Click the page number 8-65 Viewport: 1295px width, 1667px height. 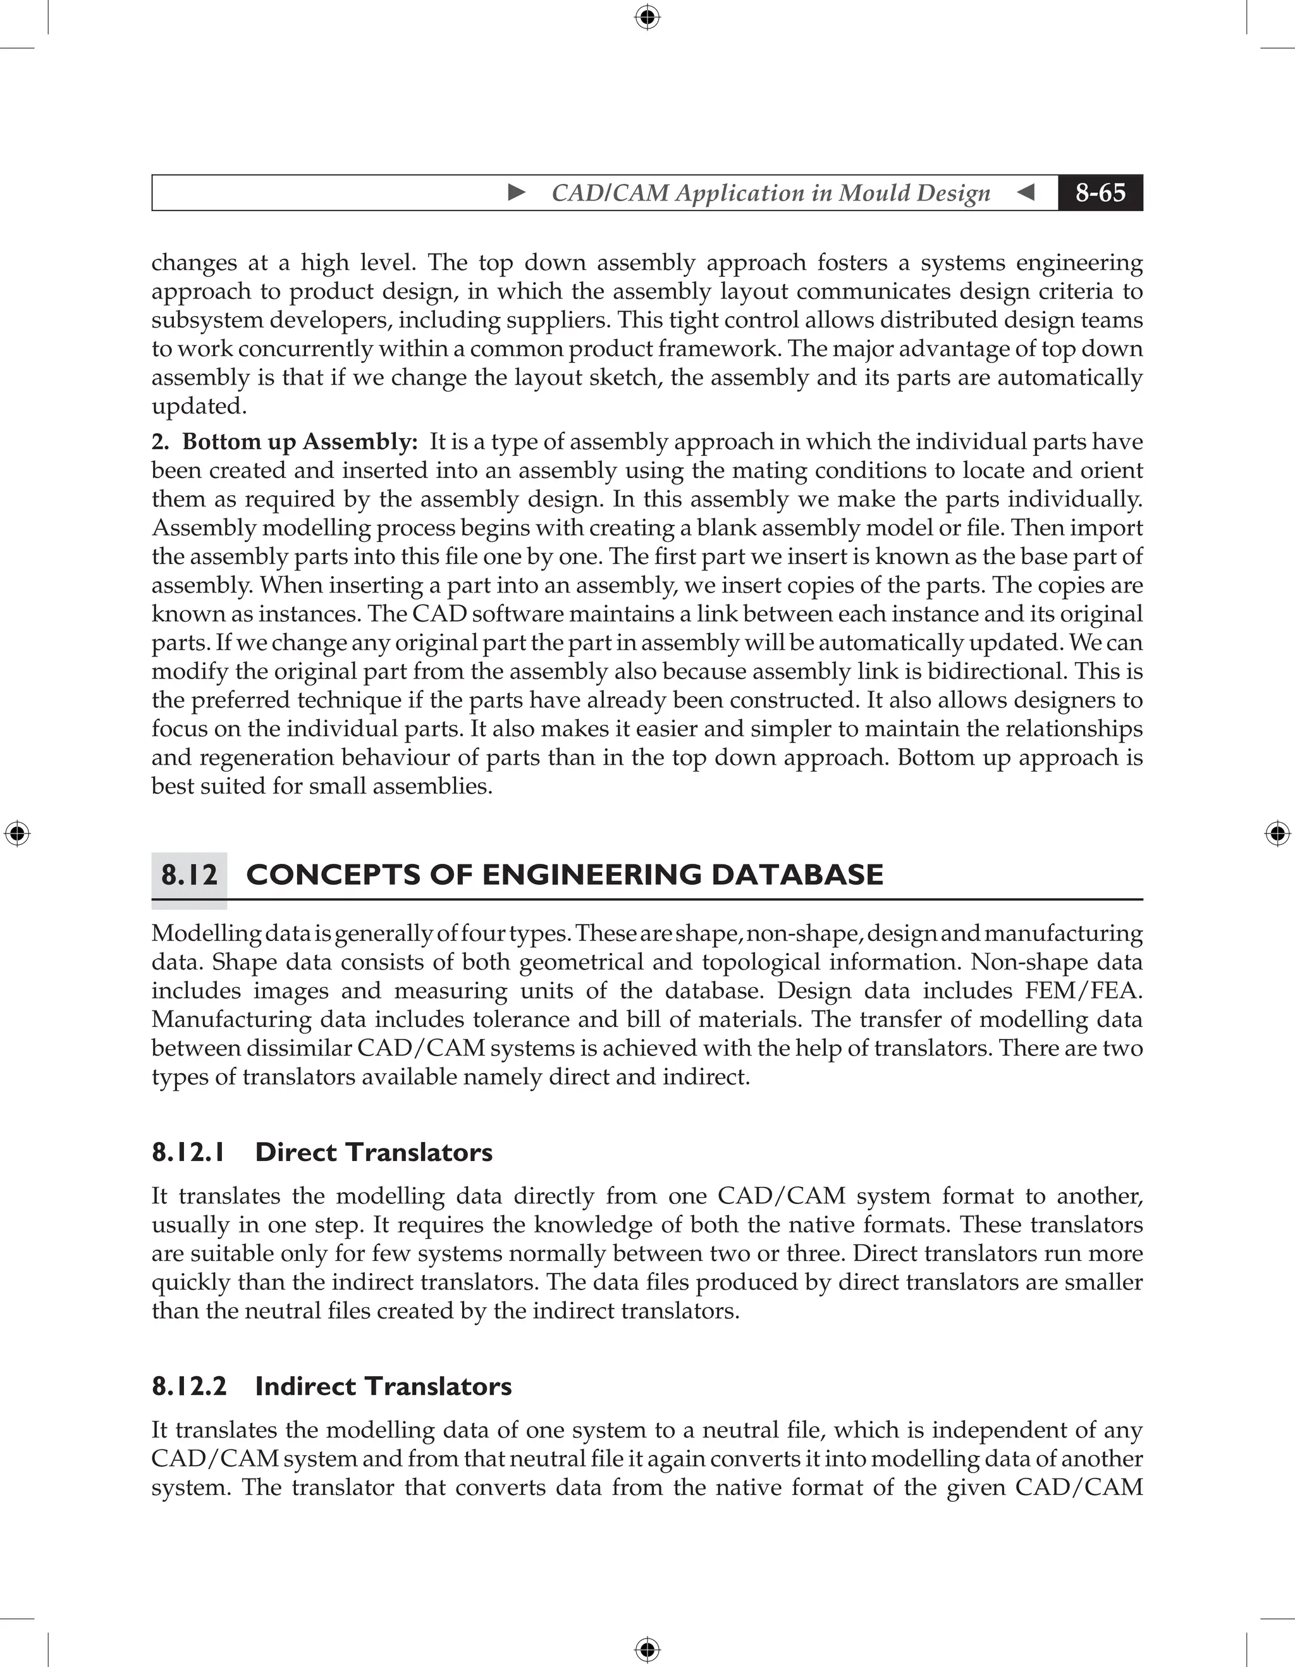1100,192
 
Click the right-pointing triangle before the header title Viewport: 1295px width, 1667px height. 517,192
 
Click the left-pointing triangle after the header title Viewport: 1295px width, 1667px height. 1026,192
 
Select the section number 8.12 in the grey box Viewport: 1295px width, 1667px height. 189,875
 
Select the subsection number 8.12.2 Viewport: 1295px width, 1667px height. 189,1386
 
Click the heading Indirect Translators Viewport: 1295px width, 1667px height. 383,1386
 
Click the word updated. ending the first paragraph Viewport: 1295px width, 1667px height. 199,406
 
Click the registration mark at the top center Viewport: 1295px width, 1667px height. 647,17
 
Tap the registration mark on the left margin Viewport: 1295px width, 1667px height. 17,833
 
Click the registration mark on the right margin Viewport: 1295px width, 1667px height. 1277,833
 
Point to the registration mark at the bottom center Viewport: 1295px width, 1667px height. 647,1649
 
